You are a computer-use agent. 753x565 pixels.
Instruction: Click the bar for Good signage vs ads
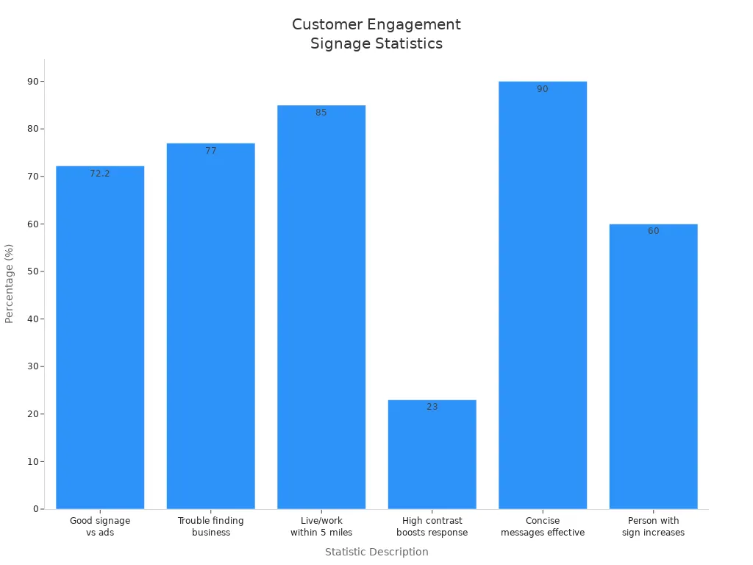pyautogui.click(x=100, y=338)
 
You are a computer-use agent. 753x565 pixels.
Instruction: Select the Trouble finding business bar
pyautogui.click(x=211, y=327)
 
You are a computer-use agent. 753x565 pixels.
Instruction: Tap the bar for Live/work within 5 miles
pyautogui.click(x=321, y=309)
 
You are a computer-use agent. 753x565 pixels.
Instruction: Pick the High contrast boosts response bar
pyautogui.click(x=432, y=456)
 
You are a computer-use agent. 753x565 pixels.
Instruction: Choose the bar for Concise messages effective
pyautogui.click(x=543, y=294)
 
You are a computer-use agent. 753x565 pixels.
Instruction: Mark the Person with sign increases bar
pyautogui.click(x=653, y=368)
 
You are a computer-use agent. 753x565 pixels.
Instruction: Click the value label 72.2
pyautogui.click(x=100, y=174)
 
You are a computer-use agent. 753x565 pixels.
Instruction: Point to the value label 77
pyautogui.click(x=211, y=151)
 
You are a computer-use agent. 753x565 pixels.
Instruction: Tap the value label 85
pyautogui.click(x=321, y=113)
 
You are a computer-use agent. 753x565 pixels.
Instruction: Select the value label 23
pyautogui.click(x=432, y=407)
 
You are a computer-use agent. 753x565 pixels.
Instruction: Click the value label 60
pyautogui.click(x=653, y=231)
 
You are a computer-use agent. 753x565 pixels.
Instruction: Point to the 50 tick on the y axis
pyautogui.click(x=33, y=271)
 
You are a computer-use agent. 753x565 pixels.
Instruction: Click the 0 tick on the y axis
pyautogui.click(x=35, y=509)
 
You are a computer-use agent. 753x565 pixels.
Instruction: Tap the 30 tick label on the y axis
pyautogui.click(x=33, y=366)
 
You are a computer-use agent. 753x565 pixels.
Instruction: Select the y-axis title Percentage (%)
pyautogui.click(x=10, y=283)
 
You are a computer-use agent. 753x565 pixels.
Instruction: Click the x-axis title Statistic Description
pyautogui.click(x=376, y=552)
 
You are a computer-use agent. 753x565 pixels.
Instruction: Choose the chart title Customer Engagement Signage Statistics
pyautogui.click(x=376, y=34)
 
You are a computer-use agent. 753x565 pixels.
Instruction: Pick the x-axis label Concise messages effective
pyautogui.click(x=543, y=527)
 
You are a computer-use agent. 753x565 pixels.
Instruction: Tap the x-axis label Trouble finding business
pyautogui.click(x=211, y=527)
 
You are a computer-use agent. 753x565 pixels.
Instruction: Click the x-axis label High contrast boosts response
pyautogui.click(x=432, y=527)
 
